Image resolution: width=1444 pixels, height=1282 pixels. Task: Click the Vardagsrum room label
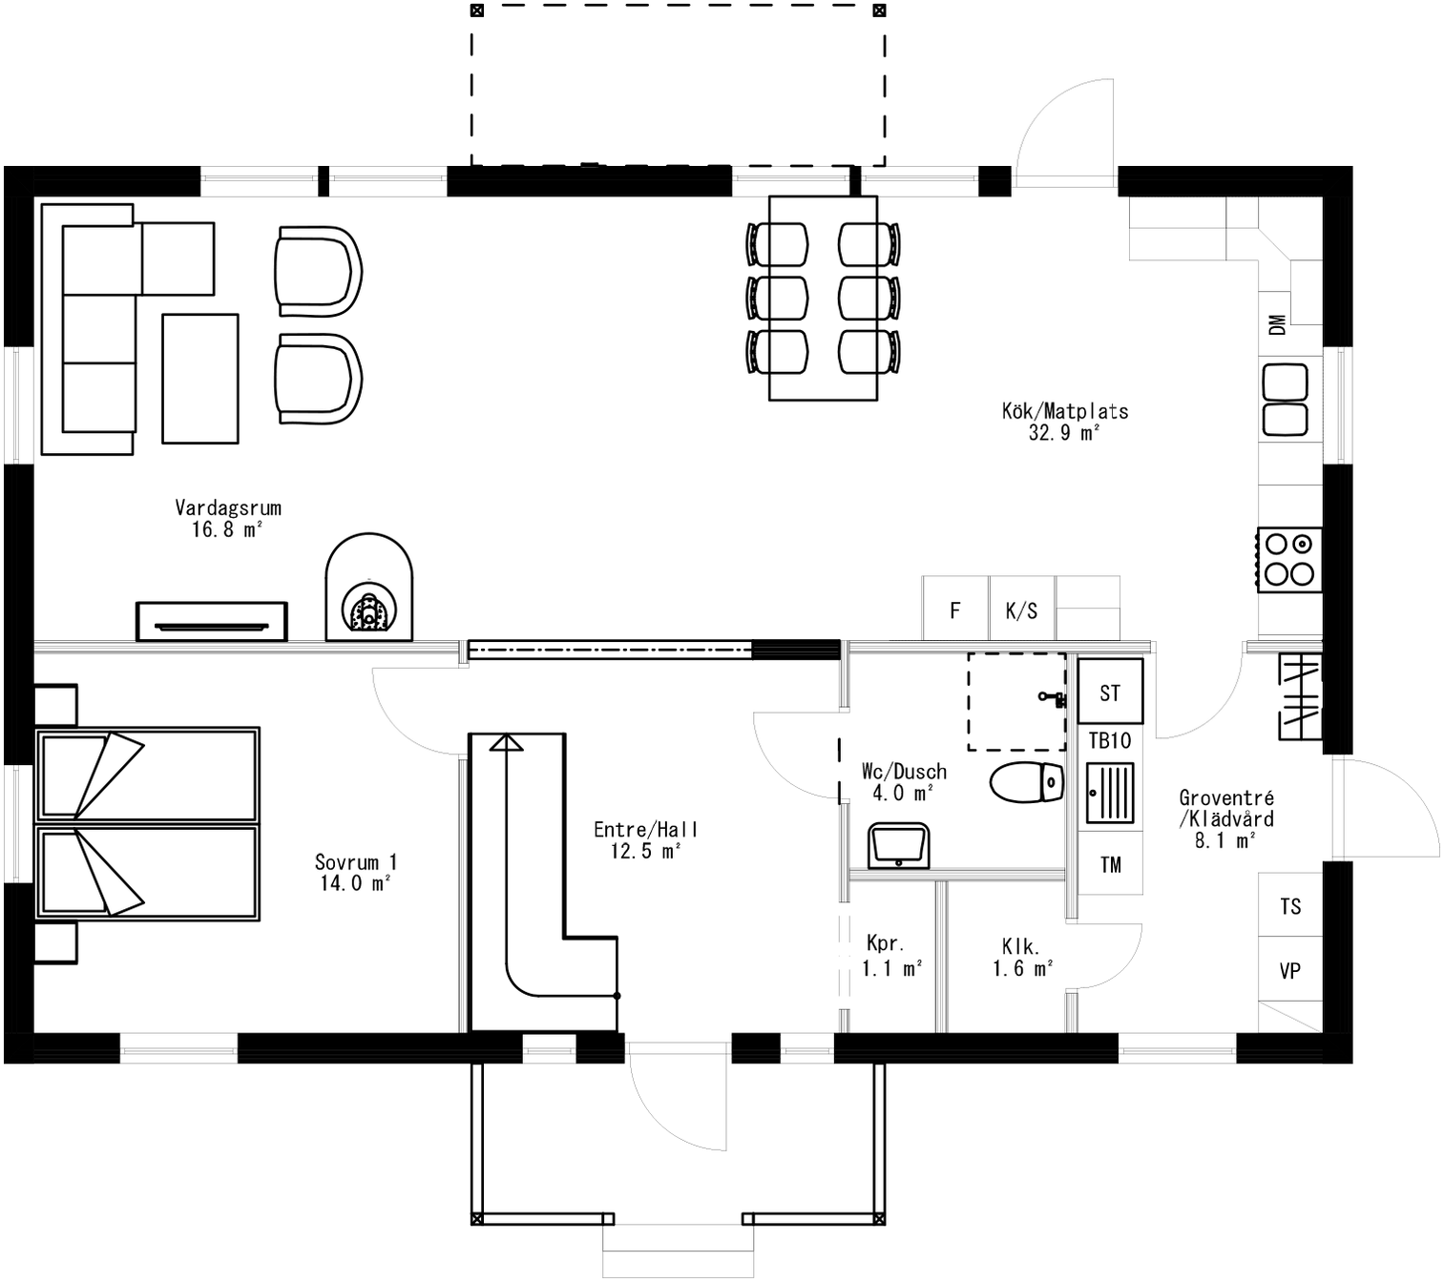pyautogui.click(x=228, y=508)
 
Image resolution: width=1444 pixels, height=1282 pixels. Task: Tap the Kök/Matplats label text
pyautogui.click(x=1064, y=412)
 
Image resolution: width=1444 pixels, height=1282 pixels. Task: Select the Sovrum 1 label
pyautogui.click(x=355, y=862)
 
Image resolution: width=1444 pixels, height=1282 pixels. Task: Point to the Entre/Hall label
pyautogui.click(x=645, y=830)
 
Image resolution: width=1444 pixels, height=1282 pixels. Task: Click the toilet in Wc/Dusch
pyautogui.click(x=1027, y=782)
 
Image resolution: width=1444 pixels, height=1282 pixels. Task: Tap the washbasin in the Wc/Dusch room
pyautogui.click(x=898, y=846)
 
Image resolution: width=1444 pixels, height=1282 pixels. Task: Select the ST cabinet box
pyautogui.click(x=1110, y=693)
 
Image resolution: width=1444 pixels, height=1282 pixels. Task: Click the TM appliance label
pyautogui.click(x=1110, y=864)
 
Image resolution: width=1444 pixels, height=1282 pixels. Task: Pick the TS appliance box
pyautogui.click(x=1290, y=906)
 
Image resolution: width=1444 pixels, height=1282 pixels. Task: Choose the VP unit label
pyautogui.click(x=1290, y=971)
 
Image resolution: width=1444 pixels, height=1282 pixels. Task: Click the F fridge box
pyautogui.click(x=955, y=610)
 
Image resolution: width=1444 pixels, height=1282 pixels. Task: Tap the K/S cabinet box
pyautogui.click(x=1021, y=610)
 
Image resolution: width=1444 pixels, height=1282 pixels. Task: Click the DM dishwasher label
pyautogui.click(x=1277, y=324)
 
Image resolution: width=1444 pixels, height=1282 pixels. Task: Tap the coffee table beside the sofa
pyautogui.click(x=199, y=379)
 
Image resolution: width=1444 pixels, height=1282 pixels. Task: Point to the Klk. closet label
pyautogui.click(x=1020, y=947)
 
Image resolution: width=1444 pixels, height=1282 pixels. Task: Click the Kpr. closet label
pyautogui.click(x=885, y=944)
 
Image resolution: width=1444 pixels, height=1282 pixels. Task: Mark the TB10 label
pyautogui.click(x=1110, y=740)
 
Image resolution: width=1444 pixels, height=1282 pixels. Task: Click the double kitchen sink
pyautogui.click(x=1285, y=400)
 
